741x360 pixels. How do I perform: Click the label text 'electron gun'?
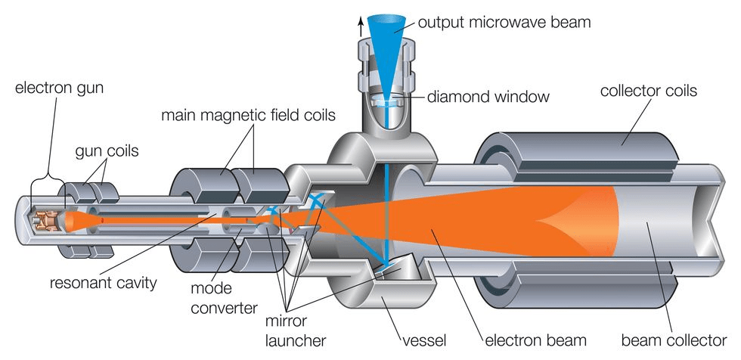[59, 88]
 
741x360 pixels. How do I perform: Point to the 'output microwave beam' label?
[504, 22]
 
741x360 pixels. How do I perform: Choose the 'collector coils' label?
[648, 92]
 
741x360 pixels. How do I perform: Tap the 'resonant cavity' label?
[103, 284]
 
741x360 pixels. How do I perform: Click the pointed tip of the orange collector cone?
[539, 221]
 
